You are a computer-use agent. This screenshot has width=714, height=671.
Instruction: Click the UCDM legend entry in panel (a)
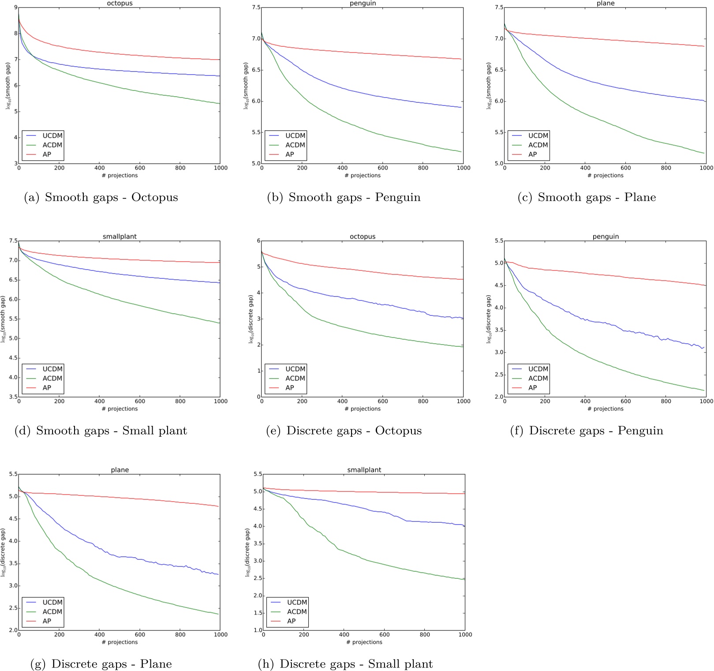point(52,135)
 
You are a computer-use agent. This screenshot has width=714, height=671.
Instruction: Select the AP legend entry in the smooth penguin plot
point(289,154)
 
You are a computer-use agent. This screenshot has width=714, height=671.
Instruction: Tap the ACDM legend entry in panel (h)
point(297,611)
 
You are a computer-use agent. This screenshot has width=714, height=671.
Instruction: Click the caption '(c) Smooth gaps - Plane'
point(587,197)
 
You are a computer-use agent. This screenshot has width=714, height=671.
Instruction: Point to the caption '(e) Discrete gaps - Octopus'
point(344,431)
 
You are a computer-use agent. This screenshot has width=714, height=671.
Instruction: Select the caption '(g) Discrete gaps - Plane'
point(101,664)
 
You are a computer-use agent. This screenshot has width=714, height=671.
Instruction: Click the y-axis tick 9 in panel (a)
point(15,7)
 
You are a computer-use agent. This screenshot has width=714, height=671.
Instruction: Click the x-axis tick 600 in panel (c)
point(625,168)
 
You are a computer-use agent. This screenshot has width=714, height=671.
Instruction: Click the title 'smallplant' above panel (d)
point(120,237)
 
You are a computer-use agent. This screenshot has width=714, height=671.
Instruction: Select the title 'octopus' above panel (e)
point(363,237)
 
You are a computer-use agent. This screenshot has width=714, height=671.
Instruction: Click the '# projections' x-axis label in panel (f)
point(605,409)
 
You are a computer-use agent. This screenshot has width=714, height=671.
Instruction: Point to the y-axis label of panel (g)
point(4,552)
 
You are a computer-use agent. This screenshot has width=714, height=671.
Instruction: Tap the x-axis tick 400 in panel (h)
point(344,635)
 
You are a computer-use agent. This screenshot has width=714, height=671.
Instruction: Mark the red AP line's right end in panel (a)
point(220,60)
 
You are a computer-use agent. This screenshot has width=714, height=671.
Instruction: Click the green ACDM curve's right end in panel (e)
point(463,347)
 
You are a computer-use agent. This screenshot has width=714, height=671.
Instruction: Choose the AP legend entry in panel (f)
point(532,388)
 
